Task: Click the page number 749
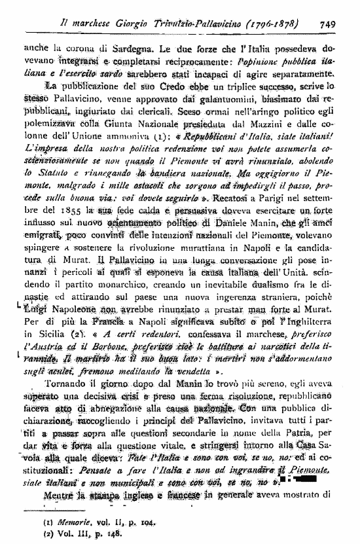pyautogui.click(x=328, y=26)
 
